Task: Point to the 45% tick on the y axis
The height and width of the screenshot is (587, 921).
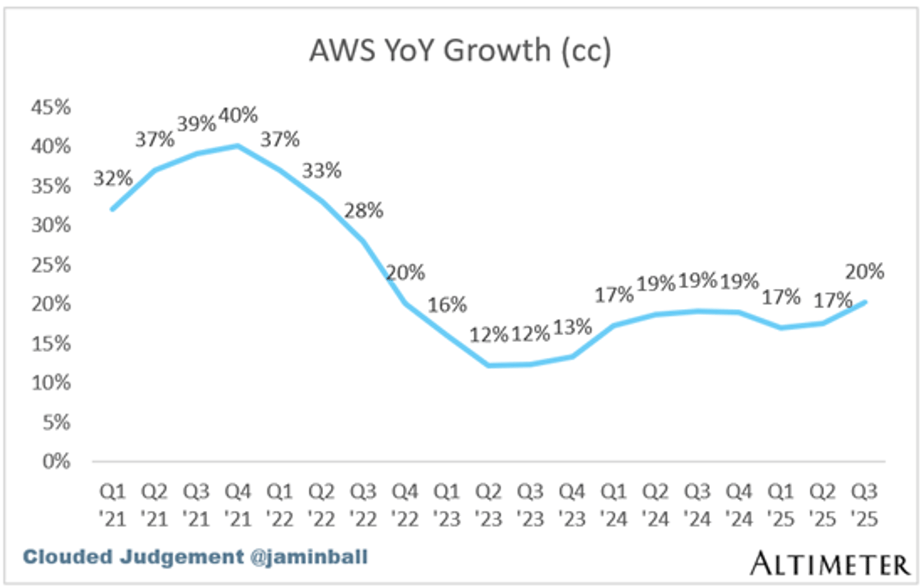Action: [50, 108]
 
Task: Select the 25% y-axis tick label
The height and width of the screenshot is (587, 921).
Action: [50, 265]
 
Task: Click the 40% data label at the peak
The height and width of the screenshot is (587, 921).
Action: [238, 116]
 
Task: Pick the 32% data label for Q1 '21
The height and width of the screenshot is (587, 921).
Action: [113, 178]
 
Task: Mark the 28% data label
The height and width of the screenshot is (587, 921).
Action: [364, 210]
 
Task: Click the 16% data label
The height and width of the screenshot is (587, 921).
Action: [447, 304]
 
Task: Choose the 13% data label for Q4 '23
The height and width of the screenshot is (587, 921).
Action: [572, 327]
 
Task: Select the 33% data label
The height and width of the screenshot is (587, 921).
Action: [322, 170]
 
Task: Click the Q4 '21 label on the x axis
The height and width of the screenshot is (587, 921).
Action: [238, 504]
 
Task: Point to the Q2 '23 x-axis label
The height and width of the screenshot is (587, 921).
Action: [488, 504]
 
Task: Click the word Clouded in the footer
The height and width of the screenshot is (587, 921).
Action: [62, 556]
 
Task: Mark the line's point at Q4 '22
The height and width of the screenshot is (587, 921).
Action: [405, 303]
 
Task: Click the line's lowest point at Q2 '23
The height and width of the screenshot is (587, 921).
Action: [489, 365]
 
